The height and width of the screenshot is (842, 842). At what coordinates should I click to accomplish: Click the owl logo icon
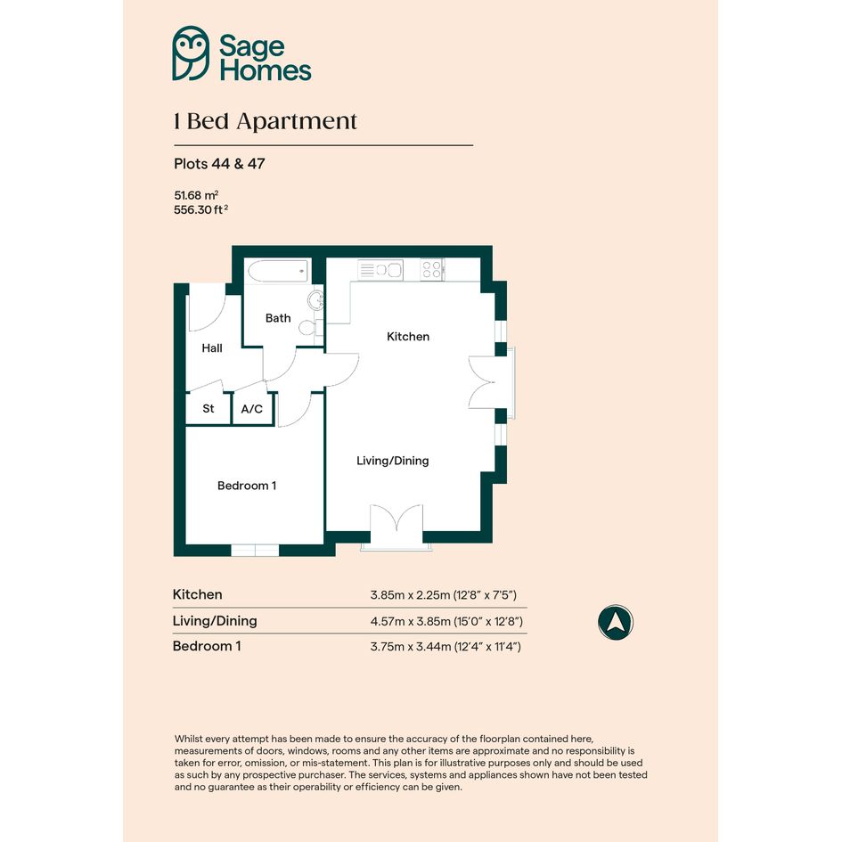pos(191,53)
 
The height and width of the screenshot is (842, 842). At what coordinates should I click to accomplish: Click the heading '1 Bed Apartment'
pos(266,122)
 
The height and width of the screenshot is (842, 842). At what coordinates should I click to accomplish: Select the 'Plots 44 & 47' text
pos(219,164)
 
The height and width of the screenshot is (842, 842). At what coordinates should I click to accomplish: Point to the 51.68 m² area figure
pos(196,195)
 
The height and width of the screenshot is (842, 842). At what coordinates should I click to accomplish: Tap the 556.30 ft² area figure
pos(200,209)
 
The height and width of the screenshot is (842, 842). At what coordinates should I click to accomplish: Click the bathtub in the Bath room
pos(278,271)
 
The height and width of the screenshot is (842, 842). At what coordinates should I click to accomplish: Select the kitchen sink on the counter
pos(380,270)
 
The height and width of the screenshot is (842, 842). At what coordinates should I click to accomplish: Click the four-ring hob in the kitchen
pos(432,269)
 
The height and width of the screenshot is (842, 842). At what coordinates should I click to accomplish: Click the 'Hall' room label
pos(212,348)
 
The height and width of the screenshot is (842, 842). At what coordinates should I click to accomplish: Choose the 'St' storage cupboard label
pos(208,409)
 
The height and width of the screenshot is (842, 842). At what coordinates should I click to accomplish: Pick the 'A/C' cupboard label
pos(252,409)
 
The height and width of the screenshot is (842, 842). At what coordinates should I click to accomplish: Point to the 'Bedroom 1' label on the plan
pos(247,486)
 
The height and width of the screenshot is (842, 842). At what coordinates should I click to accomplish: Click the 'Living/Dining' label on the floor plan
pos(393,461)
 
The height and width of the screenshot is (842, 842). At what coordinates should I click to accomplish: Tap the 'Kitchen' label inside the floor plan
pos(408,337)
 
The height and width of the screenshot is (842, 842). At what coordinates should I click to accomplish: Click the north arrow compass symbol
pos(616,623)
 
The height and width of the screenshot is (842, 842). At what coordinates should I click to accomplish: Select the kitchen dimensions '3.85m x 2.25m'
pos(410,595)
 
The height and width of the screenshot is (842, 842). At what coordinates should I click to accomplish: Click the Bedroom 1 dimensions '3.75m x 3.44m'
pos(410,647)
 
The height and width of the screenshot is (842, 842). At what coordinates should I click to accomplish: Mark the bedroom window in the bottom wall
pos(255,551)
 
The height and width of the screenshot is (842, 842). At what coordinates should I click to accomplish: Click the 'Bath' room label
pos(278,318)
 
